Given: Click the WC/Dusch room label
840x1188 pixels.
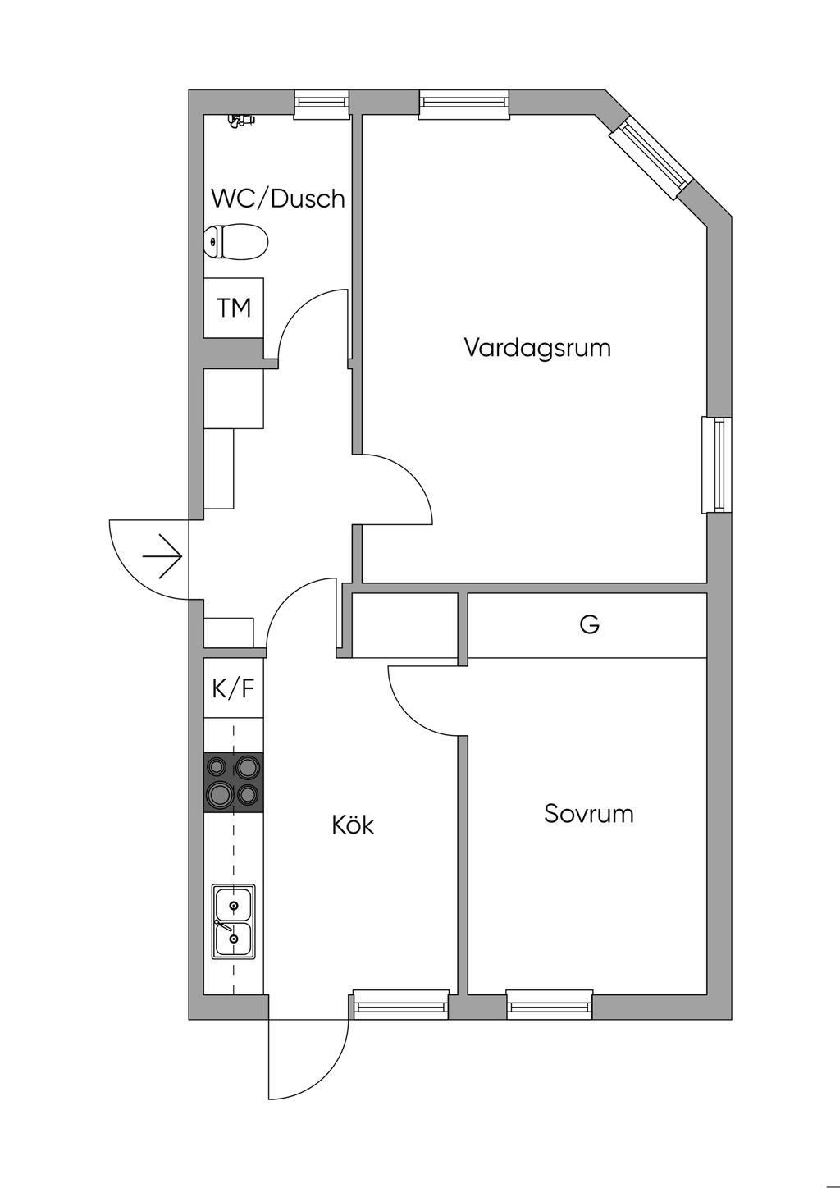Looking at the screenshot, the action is pos(278,199).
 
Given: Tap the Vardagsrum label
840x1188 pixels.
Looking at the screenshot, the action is pos(537,348).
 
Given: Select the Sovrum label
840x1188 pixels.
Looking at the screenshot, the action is pos(589,814).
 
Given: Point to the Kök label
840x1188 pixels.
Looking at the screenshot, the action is pos(353,825).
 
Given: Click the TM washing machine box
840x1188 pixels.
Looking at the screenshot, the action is pos(234,307).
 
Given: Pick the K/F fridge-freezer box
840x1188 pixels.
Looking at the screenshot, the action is pos(234,688).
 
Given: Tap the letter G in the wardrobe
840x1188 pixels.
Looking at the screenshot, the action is pos(589,624).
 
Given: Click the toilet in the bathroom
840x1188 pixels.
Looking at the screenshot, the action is pos(236,242).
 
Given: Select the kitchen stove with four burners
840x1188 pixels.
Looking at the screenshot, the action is pos(234,782).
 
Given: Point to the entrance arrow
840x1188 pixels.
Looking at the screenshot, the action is pos(162,556).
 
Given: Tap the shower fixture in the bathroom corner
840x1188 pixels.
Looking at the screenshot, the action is pos(241,121).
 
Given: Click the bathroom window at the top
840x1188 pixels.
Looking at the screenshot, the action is pos(322,104).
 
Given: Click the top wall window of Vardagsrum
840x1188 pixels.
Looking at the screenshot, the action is pos(464,104).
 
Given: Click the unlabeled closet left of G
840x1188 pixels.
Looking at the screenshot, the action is pos(405,626).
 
